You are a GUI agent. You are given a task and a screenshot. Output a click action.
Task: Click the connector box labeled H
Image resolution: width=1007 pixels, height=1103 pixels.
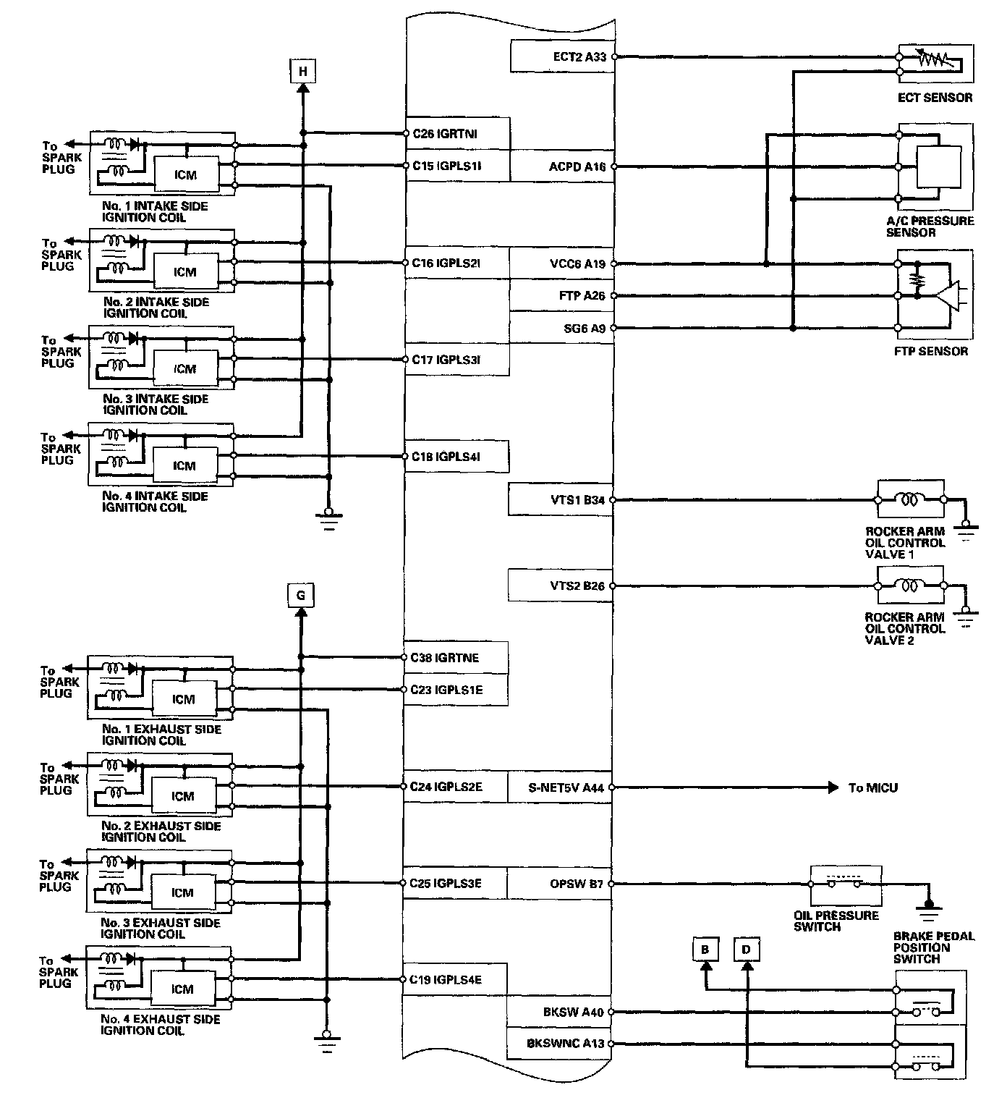[x=303, y=71]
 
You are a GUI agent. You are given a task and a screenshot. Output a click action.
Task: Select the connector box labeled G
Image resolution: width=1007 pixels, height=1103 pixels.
[x=301, y=596]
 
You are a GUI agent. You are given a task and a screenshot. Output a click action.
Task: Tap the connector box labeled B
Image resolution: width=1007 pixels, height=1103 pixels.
[x=705, y=950]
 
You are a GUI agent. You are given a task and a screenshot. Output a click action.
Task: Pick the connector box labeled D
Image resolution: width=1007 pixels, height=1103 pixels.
[x=747, y=950]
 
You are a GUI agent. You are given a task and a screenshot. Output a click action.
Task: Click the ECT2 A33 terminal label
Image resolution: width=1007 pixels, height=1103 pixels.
[x=578, y=56]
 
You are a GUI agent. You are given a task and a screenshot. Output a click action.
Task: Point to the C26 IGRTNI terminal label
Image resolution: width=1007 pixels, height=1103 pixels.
[x=444, y=134]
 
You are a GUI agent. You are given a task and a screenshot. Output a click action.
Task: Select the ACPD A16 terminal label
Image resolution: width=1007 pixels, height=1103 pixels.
[x=577, y=166]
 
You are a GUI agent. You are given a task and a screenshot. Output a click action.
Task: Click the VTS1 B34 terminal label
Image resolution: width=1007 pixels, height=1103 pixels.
[x=577, y=499]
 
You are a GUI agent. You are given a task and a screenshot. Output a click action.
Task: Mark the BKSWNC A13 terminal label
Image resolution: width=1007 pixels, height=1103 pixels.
[x=565, y=1044]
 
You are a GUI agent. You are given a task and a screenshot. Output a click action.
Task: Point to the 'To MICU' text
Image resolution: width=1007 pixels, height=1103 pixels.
[x=872, y=787]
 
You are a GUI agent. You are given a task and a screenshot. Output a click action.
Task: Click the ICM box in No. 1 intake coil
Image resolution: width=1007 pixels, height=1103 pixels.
[x=186, y=174]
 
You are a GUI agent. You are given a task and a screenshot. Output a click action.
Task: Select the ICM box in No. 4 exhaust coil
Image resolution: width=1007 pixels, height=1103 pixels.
[x=182, y=989]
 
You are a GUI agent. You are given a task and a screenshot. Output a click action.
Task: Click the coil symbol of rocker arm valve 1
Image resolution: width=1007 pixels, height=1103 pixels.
[x=908, y=499]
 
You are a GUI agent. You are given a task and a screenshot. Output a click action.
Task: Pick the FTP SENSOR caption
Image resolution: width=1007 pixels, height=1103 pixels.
[x=930, y=351]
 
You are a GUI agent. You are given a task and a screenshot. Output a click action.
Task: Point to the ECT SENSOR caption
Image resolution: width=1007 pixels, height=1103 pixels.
[x=935, y=97]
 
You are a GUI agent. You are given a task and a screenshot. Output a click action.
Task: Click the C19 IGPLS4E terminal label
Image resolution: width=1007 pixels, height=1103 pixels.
[x=445, y=980]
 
